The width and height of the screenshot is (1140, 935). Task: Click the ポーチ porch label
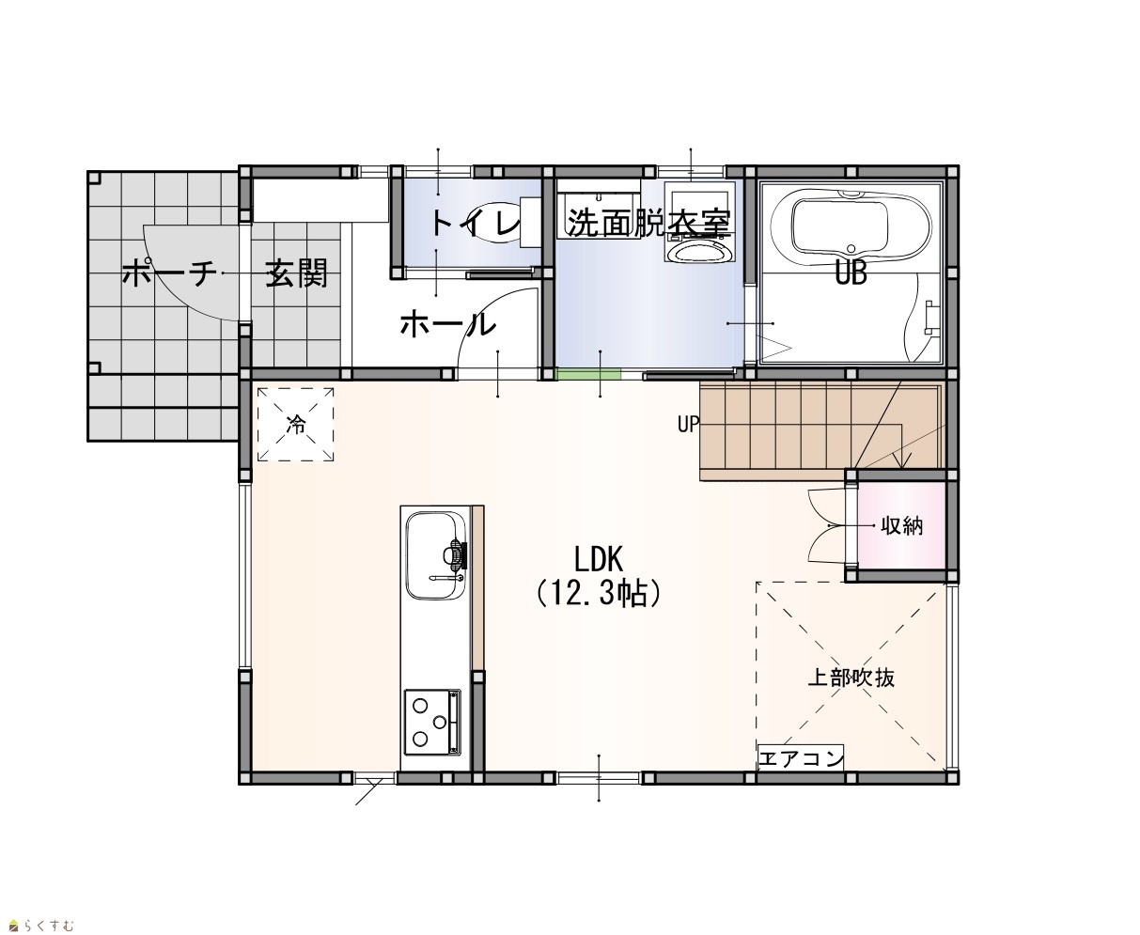coord(169,273)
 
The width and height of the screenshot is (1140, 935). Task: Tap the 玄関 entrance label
coord(296,273)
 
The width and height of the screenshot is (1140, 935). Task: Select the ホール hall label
coord(447,324)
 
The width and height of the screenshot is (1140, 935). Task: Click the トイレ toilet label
coord(476,223)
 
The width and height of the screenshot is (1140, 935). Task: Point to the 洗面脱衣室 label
coord(648,223)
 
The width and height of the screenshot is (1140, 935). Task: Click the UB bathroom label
coord(851,273)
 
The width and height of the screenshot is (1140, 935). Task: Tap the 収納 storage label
coord(902,525)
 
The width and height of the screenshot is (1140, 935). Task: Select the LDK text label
coord(599,559)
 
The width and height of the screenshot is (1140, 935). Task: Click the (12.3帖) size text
coord(599,594)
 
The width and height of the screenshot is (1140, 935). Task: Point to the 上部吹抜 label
coord(851,678)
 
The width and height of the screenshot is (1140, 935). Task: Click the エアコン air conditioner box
coord(801,758)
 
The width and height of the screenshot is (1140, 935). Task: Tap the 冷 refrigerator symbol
coord(295,424)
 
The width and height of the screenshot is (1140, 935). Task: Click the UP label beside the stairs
coord(688,424)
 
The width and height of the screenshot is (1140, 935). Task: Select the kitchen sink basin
coord(437,555)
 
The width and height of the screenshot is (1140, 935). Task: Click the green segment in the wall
coord(588,374)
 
